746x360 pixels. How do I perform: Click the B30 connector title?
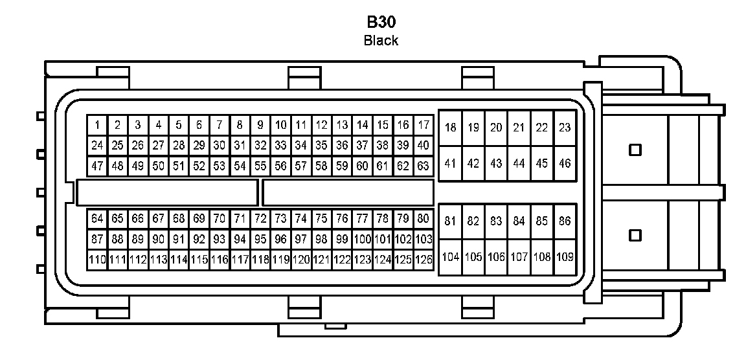pyautogui.click(x=381, y=21)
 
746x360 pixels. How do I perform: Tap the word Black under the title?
pyautogui.click(x=381, y=41)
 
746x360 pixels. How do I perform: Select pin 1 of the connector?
pyautogui.click(x=97, y=124)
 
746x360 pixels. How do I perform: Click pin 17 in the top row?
pyautogui.click(x=424, y=124)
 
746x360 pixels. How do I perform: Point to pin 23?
pyautogui.click(x=565, y=128)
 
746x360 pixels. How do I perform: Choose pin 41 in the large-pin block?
pyautogui.click(x=451, y=164)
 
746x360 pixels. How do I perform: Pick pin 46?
pyautogui.click(x=565, y=164)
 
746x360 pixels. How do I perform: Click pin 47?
pyautogui.click(x=97, y=166)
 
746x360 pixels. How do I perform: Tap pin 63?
pyautogui.click(x=424, y=166)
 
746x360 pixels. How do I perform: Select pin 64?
pyautogui.click(x=97, y=218)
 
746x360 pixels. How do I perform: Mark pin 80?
pyautogui.click(x=424, y=218)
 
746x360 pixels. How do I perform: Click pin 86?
pyautogui.click(x=565, y=221)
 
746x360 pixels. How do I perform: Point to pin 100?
pyautogui.click(x=363, y=239)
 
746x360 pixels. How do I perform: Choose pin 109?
pyautogui.click(x=565, y=257)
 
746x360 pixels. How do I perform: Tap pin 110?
pyautogui.click(x=97, y=260)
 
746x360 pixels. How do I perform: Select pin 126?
pyautogui.click(x=424, y=260)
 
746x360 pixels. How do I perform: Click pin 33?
pyautogui.click(x=280, y=145)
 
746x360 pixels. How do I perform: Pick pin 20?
pyautogui.click(x=496, y=128)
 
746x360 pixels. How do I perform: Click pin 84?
pyautogui.click(x=519, y=221)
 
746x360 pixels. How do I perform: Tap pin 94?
pyautogui.click(x=240, y=239)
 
